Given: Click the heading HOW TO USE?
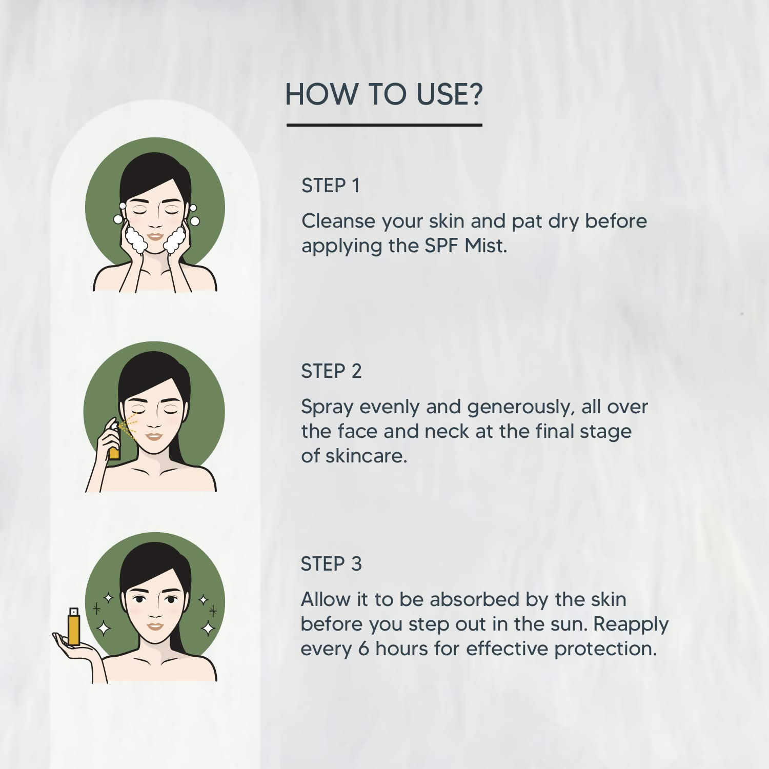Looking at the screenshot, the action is click(384, 94).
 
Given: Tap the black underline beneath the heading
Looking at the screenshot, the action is click(385, 125).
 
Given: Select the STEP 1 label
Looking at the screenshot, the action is click(331, 186).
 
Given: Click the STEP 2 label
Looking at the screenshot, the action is click(331, 371).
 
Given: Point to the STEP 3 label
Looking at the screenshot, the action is click(331, 564).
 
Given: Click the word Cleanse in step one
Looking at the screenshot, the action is click(338, 221).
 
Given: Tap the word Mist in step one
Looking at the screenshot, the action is click(485, 246).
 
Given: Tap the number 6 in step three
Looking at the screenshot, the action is click(363, 649).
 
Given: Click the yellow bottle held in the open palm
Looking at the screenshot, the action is click(74, 626).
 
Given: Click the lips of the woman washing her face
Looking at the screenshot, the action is click(155, 237).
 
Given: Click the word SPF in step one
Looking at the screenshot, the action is click(441, 246).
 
